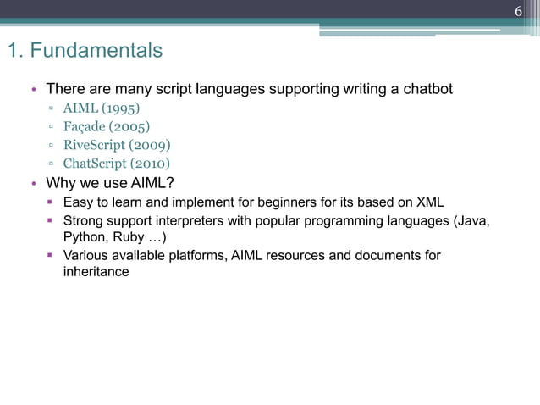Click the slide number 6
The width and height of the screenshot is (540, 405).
click(518, 11)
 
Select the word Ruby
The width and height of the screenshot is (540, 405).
click(129, 237)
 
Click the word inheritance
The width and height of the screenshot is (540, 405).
click(96, 273)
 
